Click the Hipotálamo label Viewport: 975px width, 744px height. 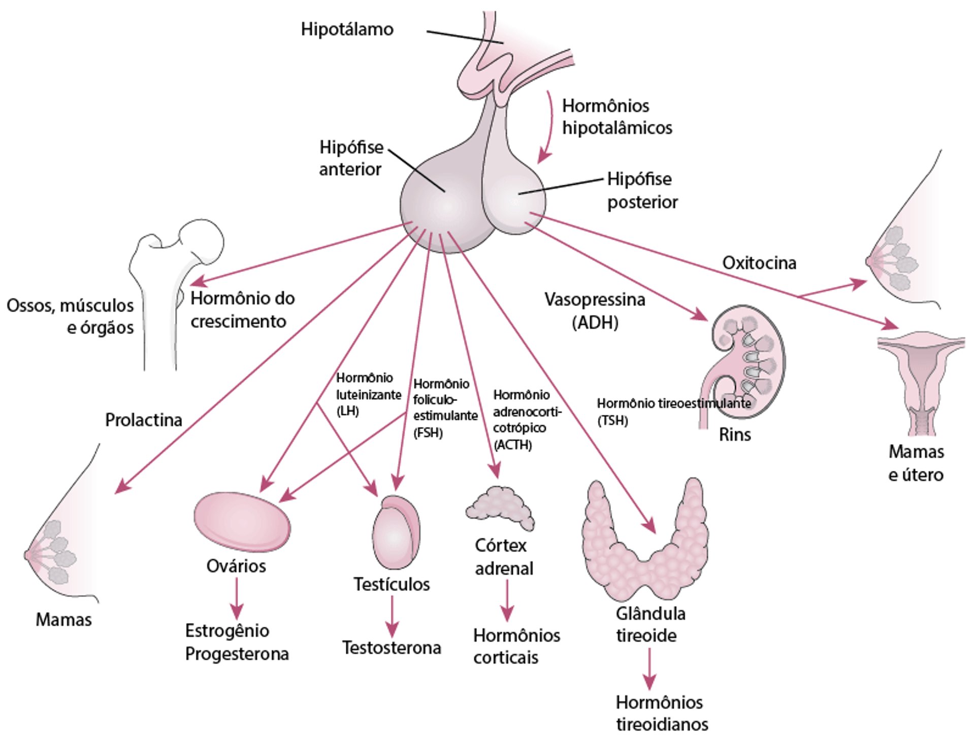point(347,29)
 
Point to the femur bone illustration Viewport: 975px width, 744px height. point(168,284)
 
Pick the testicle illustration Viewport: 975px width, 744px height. point(396,533)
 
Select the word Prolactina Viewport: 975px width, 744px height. point(144,420)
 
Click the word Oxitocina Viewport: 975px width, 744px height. point(759,263)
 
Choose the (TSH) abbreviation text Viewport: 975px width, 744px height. point(612,421)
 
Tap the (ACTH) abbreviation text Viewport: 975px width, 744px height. point(513,445)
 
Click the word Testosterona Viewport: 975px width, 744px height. point(392,648)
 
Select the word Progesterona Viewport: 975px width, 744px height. point(237,654)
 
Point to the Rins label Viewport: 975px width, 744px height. point(735,435)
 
